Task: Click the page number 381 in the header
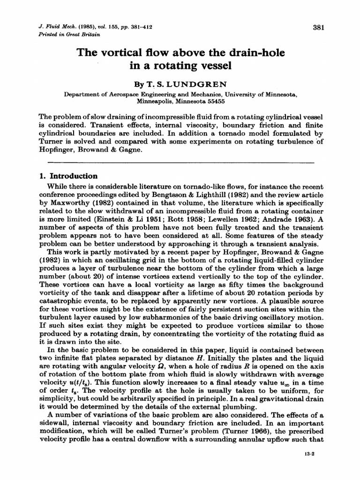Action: (318, 27)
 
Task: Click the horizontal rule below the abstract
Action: (180, 163)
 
